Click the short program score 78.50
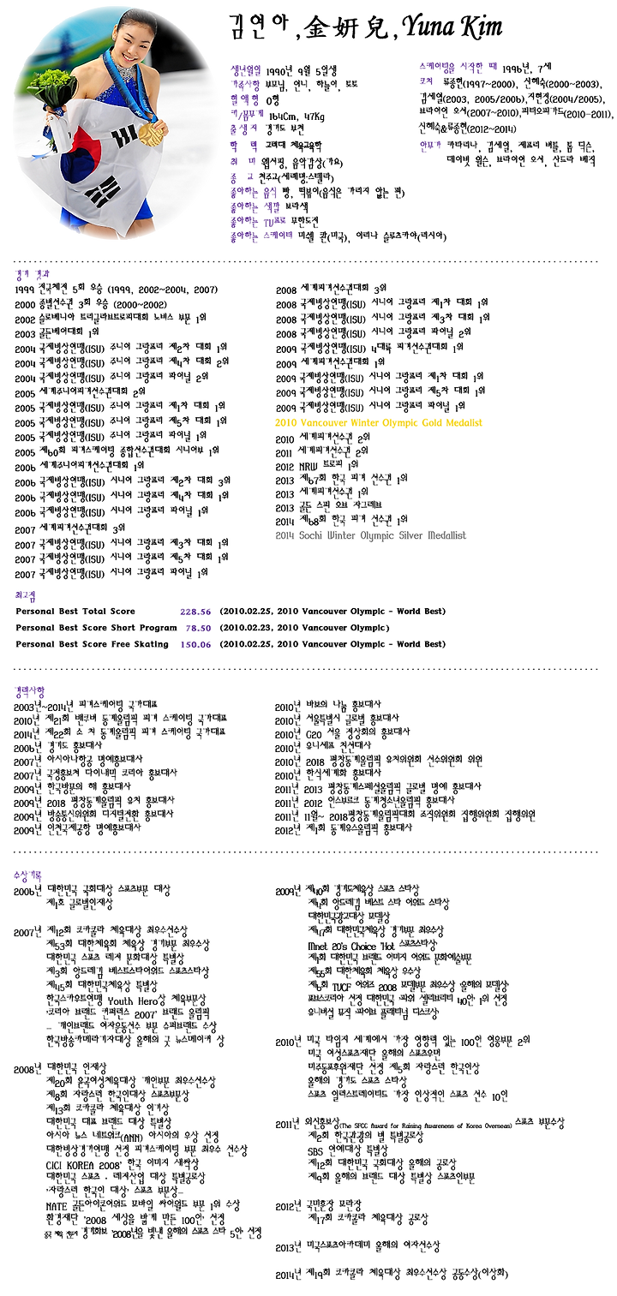click(x=196, y=627)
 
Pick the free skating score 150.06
click(x=195, y=643)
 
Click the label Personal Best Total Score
click(x=75, y=611)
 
